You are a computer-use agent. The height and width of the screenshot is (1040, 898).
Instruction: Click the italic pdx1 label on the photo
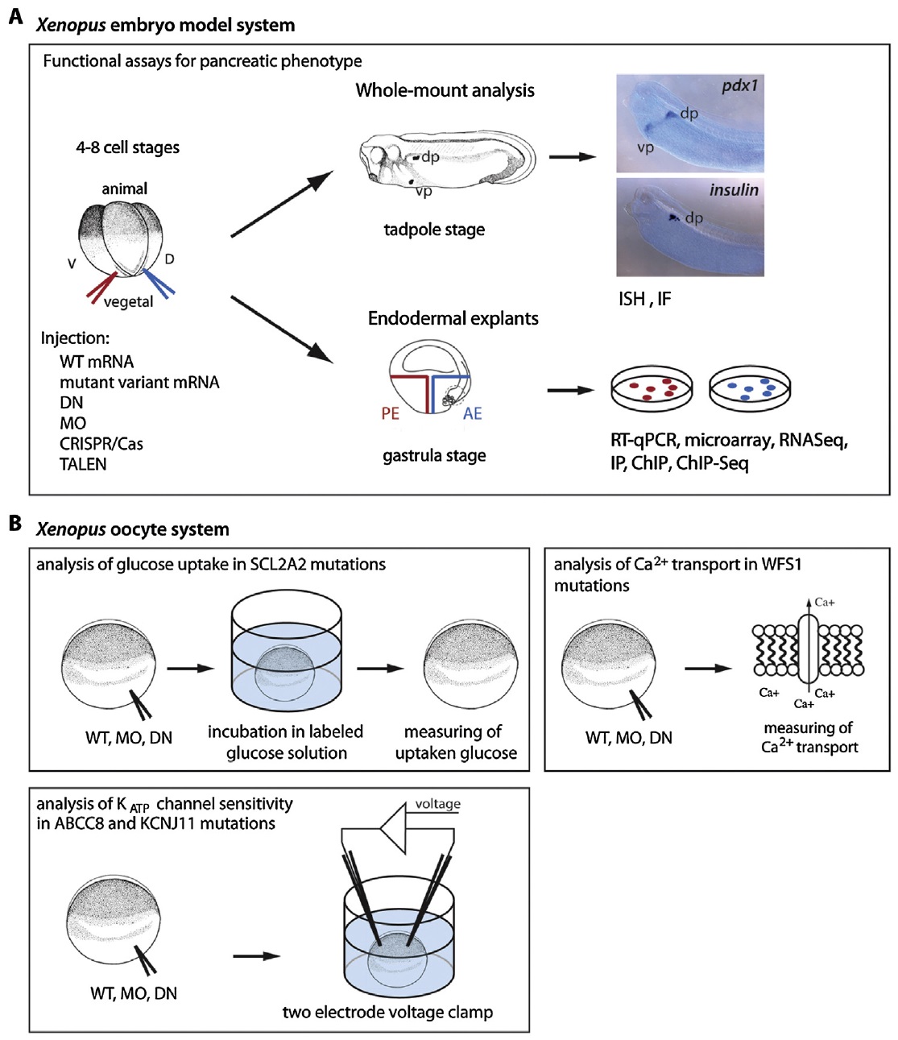(739, 85)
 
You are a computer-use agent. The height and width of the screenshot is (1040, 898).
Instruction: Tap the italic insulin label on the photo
(734, 190)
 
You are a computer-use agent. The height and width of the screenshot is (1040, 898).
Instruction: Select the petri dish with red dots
(651, 390)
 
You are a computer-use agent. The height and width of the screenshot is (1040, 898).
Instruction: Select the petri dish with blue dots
(750, 389)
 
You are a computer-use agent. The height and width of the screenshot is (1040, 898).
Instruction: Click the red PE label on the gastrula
(391, 413)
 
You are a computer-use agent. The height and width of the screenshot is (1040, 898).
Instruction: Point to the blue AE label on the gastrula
(472, 413)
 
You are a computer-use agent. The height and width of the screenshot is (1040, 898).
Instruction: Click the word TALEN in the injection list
(83, 464)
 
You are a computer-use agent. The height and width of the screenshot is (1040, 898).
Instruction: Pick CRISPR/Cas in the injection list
(101, 444)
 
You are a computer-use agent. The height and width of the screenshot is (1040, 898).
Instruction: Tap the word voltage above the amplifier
(437, 804)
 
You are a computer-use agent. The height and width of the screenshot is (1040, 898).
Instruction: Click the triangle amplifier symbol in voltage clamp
(395, 827)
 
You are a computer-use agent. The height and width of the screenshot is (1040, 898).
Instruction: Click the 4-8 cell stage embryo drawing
(122, 241)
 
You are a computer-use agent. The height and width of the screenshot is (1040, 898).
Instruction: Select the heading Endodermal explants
(453, 319)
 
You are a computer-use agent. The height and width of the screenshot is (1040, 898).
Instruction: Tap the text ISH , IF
(644, 299)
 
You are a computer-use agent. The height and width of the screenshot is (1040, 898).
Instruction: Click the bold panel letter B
(15, 524)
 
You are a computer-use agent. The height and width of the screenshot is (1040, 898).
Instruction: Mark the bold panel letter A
(15, 17)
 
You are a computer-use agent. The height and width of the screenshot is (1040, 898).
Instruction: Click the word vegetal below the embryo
(128, 302)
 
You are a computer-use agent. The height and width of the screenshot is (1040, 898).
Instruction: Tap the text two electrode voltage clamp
(387, 1013)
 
